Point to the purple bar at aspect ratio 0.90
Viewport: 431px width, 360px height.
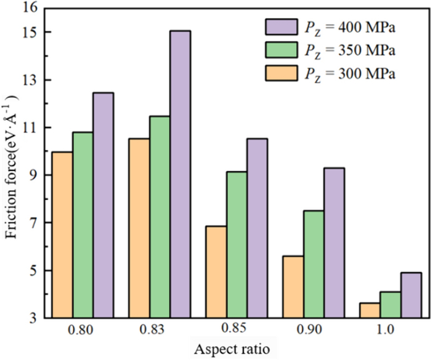point(334,242)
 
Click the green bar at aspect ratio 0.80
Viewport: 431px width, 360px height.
point(83,225)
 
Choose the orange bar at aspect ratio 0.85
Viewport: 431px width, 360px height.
point(216,271)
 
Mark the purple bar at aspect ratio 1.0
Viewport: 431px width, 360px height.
point(411,295)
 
